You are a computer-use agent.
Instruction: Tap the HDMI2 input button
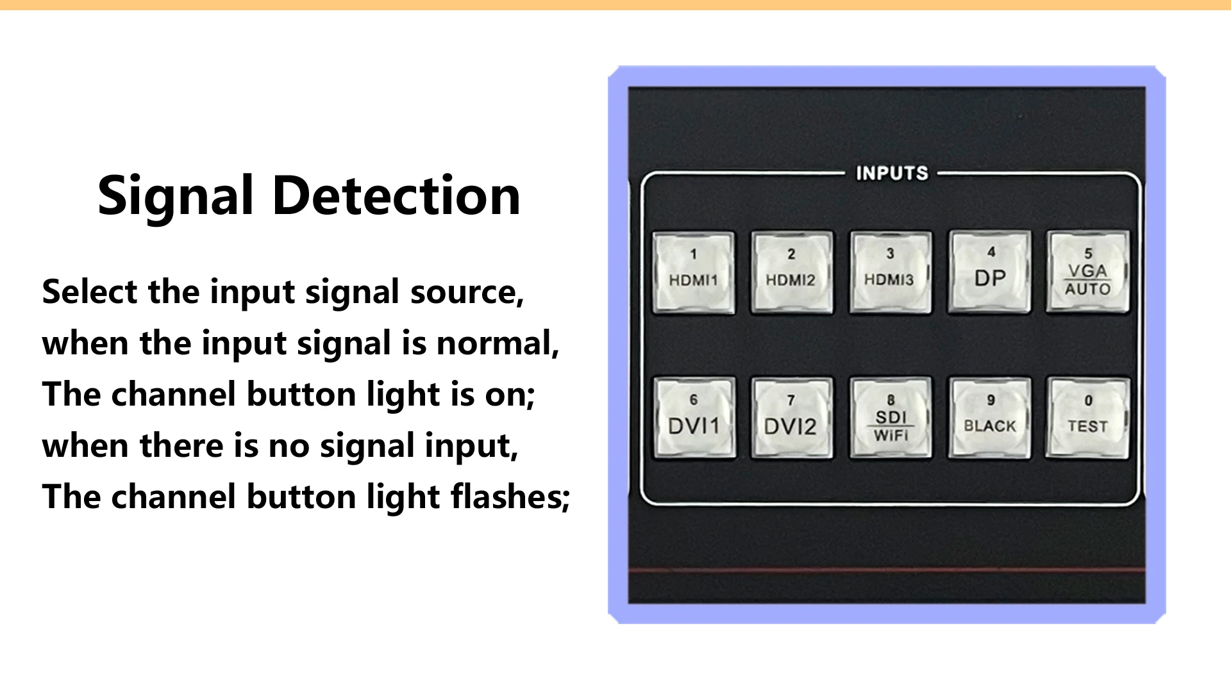point(792,272)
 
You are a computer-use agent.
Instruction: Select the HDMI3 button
point(890,272)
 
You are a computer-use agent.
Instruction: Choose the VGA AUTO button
point(1087,272)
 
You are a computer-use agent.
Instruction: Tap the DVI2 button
point(792,418)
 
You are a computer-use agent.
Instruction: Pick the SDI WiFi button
point(891,418)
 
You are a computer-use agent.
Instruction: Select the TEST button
point(1087,418)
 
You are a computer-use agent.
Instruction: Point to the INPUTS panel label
point(892,173)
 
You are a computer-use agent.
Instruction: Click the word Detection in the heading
point(396,195)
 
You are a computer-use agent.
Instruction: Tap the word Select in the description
point(90,292)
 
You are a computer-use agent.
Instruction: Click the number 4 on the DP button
point(991,252)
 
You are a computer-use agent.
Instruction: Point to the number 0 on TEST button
point(1088,400)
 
